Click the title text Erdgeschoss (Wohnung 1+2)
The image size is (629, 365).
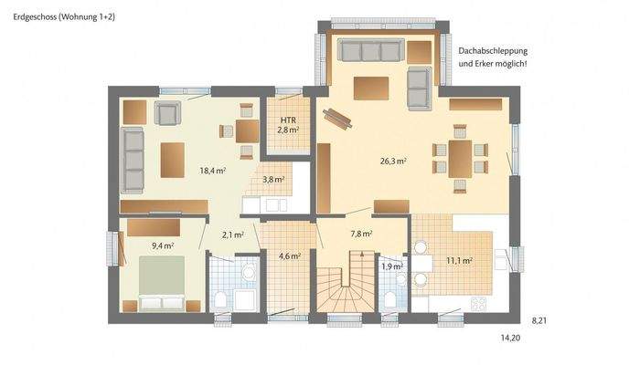(x=65, y=17)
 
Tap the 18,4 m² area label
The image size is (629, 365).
(x=212, y=170)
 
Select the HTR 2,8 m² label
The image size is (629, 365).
(x=289, y=125)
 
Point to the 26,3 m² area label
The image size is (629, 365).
(x=393, y=161)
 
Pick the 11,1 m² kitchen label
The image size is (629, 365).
(x=459, y=260)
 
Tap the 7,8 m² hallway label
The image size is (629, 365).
(x=361, y=234)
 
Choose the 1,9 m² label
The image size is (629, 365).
(x=390, y=266)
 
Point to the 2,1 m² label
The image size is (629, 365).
(x=232, y=235)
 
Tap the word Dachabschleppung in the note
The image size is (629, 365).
(x=493, y=52)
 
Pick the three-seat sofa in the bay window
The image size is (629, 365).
(x=368, y=49)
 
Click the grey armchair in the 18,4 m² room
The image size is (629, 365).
(x=166, y=112)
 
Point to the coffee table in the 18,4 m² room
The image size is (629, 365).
(x=172, y=161)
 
